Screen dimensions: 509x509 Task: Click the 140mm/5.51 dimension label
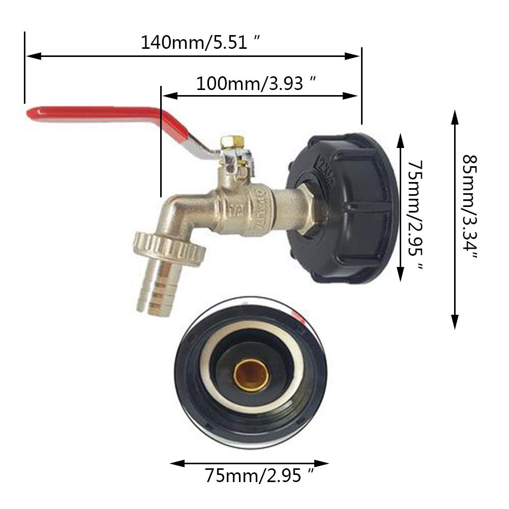pyautogui.click(x=201, y=42)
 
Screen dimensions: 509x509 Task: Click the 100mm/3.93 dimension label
pyautogui.click(x=257, y=83)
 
